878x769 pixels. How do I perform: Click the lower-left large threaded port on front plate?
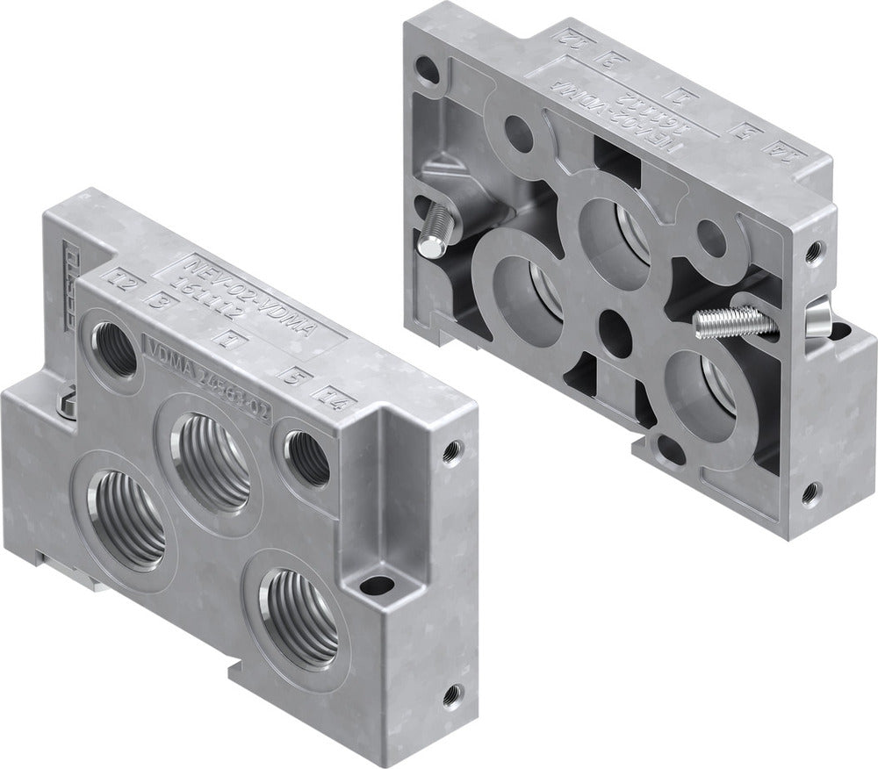(x=127, y=516)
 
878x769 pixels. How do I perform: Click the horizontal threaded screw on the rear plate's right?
(x=733, y=324)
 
